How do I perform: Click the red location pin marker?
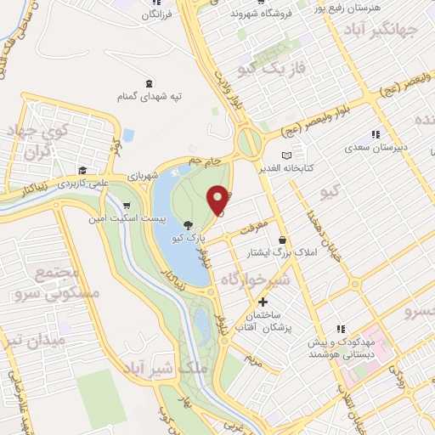tap(218, 200)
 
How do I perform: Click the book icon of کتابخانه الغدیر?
tap(286, 155)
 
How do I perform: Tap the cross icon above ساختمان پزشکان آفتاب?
tap(263, 302)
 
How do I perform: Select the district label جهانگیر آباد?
tap(390, 30)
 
